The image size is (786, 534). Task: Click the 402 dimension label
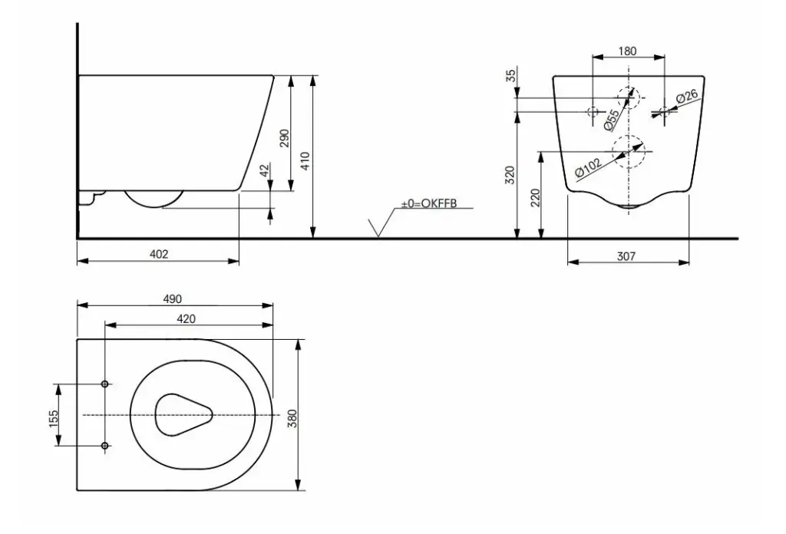coord(159,255)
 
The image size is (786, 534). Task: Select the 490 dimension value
coord(173,299)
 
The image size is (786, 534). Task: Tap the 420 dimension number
coord(186,319)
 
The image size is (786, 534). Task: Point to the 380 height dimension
coord(292,418)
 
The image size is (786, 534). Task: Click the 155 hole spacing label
coord(54,419)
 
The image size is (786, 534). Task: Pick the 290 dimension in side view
coord(284,138)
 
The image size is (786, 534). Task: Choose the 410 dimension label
coord(305,161)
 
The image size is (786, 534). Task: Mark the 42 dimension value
coord(265,170)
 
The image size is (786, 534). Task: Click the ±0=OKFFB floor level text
coord(429,204)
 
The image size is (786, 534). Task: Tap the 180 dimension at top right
coord(627,51)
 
